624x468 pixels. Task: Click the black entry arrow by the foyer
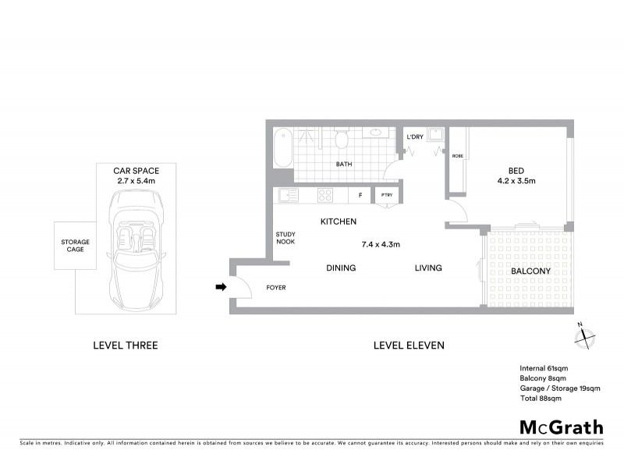[221, 287]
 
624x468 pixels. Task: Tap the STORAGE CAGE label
[76, 246]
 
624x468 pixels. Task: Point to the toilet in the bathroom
[341, 140]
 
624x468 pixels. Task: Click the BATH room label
[344, 165]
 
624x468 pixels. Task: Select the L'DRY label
[415, 137]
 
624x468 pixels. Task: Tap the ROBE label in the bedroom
[457, 156]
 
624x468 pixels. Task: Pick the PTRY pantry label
[386, 196]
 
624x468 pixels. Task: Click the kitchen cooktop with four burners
[325, 195]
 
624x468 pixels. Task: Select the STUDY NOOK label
[285, 237]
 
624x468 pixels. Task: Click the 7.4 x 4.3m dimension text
[381, 244]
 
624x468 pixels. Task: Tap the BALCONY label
[530, 271]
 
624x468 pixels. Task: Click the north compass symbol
[585, 338]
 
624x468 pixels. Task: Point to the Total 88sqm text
[541, 398]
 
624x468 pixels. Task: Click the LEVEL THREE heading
[125, 345]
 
